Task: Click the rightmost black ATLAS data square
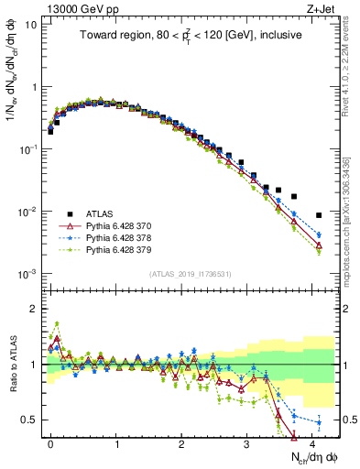[x=319, y=215]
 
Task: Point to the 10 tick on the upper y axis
[x=30, y=25]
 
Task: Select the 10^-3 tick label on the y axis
[x=27, y=274]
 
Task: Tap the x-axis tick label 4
[x=312, y=442]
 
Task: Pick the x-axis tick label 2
[x=181, y=442]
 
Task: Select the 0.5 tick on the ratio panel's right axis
[x=347, y=420]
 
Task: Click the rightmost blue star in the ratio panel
[x=319, y=422]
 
